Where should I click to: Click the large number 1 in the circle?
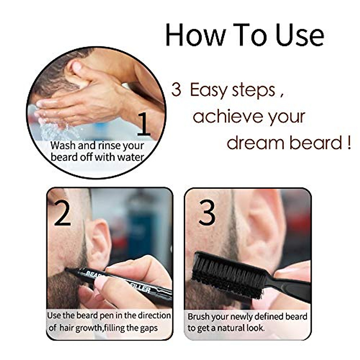click(x=144, y=123)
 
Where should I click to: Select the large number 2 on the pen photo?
click(x=63, y=214)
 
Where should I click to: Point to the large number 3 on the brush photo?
click(x=207, y=214)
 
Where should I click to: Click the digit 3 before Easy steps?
click(x=176, y=90)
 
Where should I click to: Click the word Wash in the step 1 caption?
click(x=63, y=146)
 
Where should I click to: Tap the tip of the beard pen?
click(x=68, y=269)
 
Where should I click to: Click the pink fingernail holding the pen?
click(x=101, y=282)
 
